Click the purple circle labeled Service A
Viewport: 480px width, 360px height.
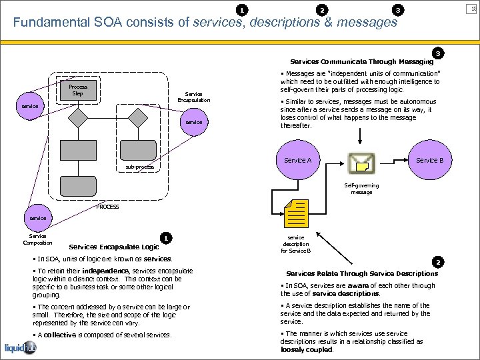point(297,161)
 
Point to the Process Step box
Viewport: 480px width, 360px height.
point(78,90)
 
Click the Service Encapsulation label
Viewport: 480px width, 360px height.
point(193,97)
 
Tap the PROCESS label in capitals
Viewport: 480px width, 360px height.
point(107,207)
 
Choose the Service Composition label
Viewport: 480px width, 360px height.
point(37,239)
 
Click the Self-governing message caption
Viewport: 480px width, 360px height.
point(361,189)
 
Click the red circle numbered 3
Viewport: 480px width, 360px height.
point(437,53)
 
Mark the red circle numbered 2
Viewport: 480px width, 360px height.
point(437,262)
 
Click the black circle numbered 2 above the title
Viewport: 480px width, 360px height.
point(322,9)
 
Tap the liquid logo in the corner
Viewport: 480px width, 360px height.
point(20,348)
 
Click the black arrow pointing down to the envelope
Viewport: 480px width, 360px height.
point(360,136)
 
